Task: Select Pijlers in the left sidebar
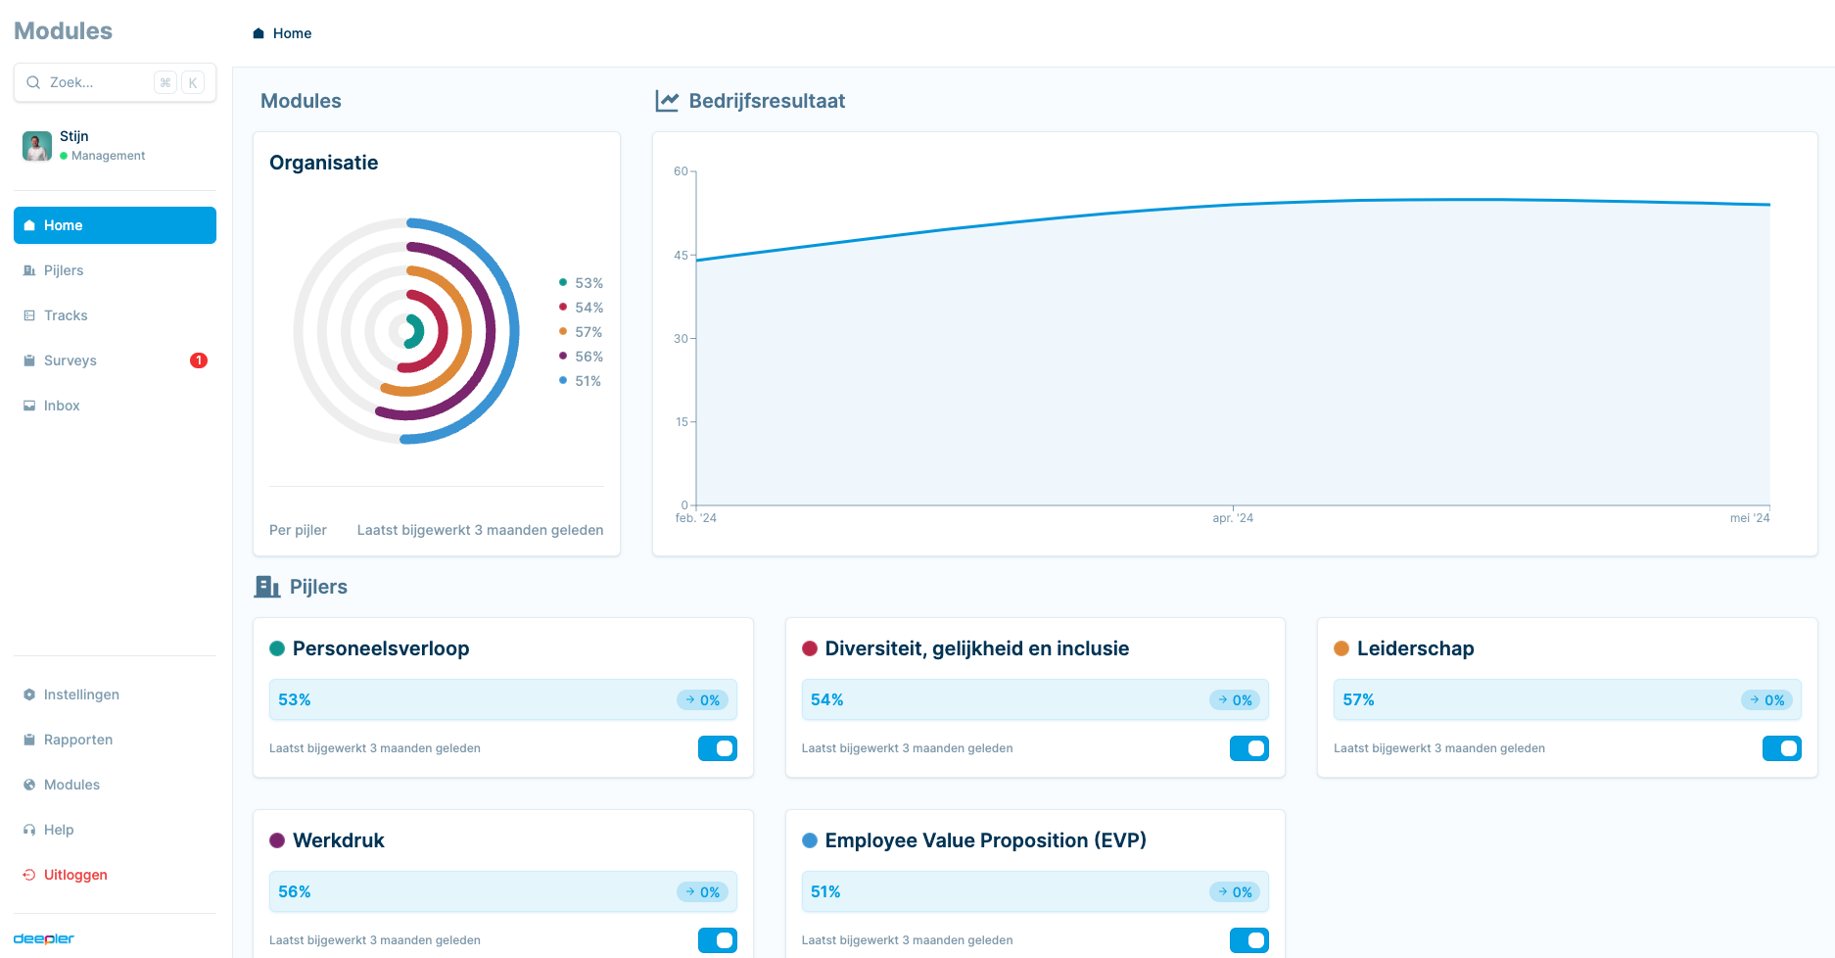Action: click(x=64, y=270)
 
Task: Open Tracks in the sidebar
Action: click(x=66, y=315)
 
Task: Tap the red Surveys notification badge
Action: click(x=199, y=360)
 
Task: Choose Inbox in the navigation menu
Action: click(x=62, y=406)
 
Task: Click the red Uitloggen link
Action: click(x=75, y=875)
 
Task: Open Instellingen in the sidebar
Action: click(x=81, y=695)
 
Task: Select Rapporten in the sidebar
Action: click(x=78, y=740)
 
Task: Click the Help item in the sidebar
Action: click(x=59, y=830)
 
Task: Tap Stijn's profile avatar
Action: click(x=37, y=146)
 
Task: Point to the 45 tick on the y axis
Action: click(x=681, y=256)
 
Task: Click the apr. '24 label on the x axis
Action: click(x=1233, y=518)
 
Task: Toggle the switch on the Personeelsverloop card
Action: click(x=718, y=748)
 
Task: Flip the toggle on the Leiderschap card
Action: click(x=1781, y=748)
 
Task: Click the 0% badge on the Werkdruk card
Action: click(x=703, y=892)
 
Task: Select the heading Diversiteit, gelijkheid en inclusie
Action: click(x=976, y=648)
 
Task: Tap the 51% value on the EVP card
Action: click(x=825, y=891)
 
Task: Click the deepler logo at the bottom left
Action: click(x=44, y=938)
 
